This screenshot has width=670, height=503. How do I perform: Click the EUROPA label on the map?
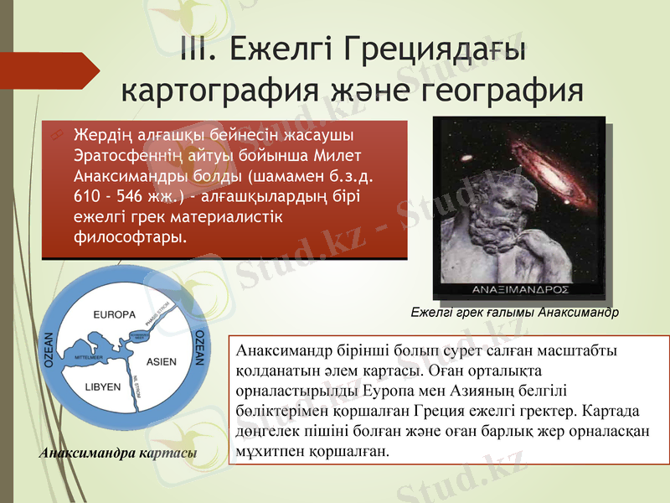click(x=115, y=315)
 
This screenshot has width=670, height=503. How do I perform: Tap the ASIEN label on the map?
click(x=161, y=361)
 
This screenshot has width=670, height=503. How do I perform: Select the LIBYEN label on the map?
click(x=102, y=388)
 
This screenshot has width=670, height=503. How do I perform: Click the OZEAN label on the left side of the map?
click(x=49, y=351)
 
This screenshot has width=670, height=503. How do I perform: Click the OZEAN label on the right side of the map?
click(x=200, y=346)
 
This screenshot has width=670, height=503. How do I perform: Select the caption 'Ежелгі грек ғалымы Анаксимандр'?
click(x=514, y=312)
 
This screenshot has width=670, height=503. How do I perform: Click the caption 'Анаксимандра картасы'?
click(x=118, y=454)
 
